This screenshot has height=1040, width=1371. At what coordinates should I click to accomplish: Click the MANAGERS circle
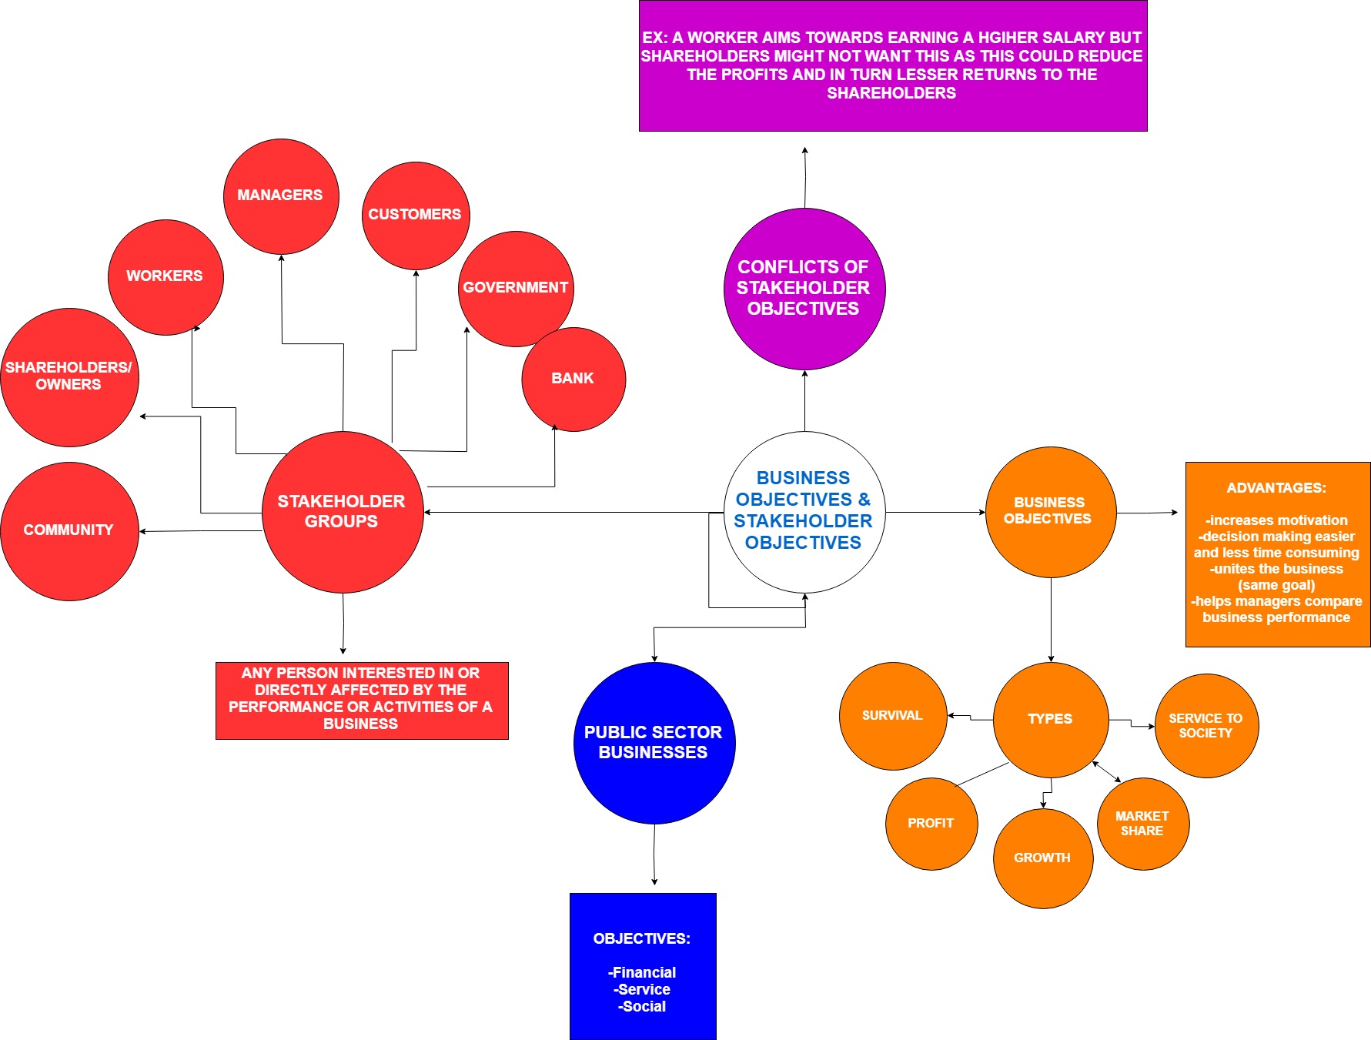point(281,196)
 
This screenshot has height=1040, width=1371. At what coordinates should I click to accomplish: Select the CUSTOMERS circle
point(416,215)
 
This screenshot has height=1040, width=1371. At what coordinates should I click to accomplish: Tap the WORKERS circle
point(166,276)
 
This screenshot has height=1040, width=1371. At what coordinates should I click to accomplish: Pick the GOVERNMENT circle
point(514,288)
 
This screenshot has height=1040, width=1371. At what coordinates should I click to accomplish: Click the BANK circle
point(573,379)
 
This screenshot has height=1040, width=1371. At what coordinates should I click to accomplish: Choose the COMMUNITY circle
point(69,530)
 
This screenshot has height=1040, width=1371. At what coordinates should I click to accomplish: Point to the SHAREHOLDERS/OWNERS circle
point(69,376)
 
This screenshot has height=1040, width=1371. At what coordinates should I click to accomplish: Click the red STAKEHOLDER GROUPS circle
point(343,512)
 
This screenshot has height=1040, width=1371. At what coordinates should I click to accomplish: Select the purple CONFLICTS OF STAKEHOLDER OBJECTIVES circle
point(804,289)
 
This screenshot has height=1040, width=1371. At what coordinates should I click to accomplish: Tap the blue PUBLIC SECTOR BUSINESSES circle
point(654,743)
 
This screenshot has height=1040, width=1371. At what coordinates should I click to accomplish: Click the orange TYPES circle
point(1051,719)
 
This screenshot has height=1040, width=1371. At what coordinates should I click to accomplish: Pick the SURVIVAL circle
point(893,716)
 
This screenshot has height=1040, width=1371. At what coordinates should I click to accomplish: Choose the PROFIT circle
point(931,824)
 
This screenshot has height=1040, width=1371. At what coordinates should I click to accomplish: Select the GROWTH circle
point(1043,858)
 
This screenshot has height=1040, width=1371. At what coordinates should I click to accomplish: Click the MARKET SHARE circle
point(1143,824)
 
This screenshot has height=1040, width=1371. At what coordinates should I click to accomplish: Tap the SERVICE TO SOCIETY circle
point(1206,726)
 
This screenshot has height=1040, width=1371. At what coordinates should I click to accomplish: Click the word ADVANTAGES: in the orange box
point(1276,488)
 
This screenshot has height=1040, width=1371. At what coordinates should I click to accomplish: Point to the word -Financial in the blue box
point(642,973)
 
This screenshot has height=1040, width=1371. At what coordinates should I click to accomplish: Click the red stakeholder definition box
point(362,700)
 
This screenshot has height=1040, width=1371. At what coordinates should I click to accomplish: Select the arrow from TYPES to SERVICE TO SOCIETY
point(1132,723)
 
